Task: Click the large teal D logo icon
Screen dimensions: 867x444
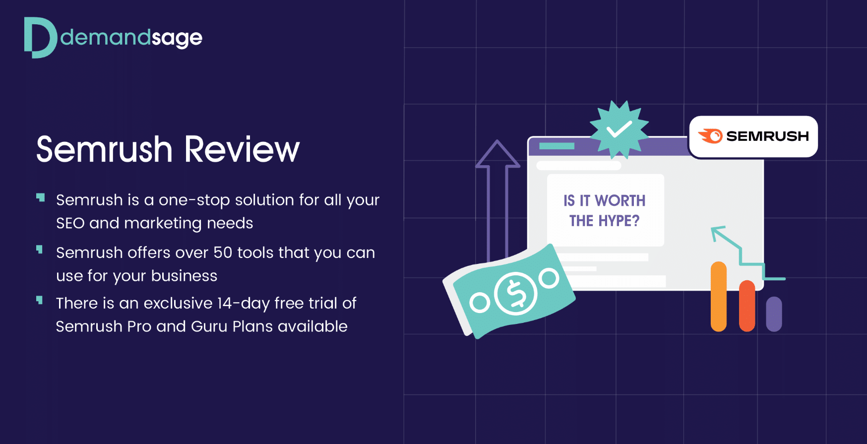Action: pyautogui.click(x=40, y=38)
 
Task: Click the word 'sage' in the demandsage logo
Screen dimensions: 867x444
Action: pyautogui.click(x=177, y=39)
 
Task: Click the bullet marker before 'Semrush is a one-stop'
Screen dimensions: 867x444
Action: pyautogui.click(x=40, y=198)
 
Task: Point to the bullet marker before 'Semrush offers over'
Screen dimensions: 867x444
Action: pyautogui.click(x=40, y=249)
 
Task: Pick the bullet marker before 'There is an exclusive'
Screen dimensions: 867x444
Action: pyautogui.click(x=40, y=300)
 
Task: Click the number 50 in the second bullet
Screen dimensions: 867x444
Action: pyautogui.click(x=223, y=253)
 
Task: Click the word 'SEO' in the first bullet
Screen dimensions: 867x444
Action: pyautogui.click(x=70, y=223)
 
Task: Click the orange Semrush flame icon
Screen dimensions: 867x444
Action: pyautogui.click(x=710, y=136)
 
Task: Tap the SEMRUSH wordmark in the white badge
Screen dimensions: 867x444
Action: pyautogui.click(x=767, y=136)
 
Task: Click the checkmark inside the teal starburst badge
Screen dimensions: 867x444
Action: pyautogui.click(x=619, y=129)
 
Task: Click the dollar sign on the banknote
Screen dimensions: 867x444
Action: pyautogui.click(x=516, y=293)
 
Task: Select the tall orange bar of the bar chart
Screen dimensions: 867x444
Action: pyautogui.click(x=719, y=297)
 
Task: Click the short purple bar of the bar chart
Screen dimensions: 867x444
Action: pyautogui.click(x=774, y=314)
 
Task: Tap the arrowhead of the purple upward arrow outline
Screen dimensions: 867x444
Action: pyautogui.click(x=497, y=154)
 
